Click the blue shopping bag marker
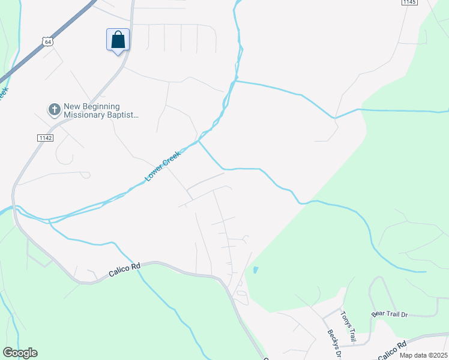click(118, 40)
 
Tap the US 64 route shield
click(47, 41)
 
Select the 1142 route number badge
click(45, 137)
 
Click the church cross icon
click(54, 109)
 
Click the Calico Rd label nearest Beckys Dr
click(392, 350)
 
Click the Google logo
click(20, 353)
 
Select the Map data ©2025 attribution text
click(423, 355)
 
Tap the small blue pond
click(256, 270)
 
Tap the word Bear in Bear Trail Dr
click(378, 314)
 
